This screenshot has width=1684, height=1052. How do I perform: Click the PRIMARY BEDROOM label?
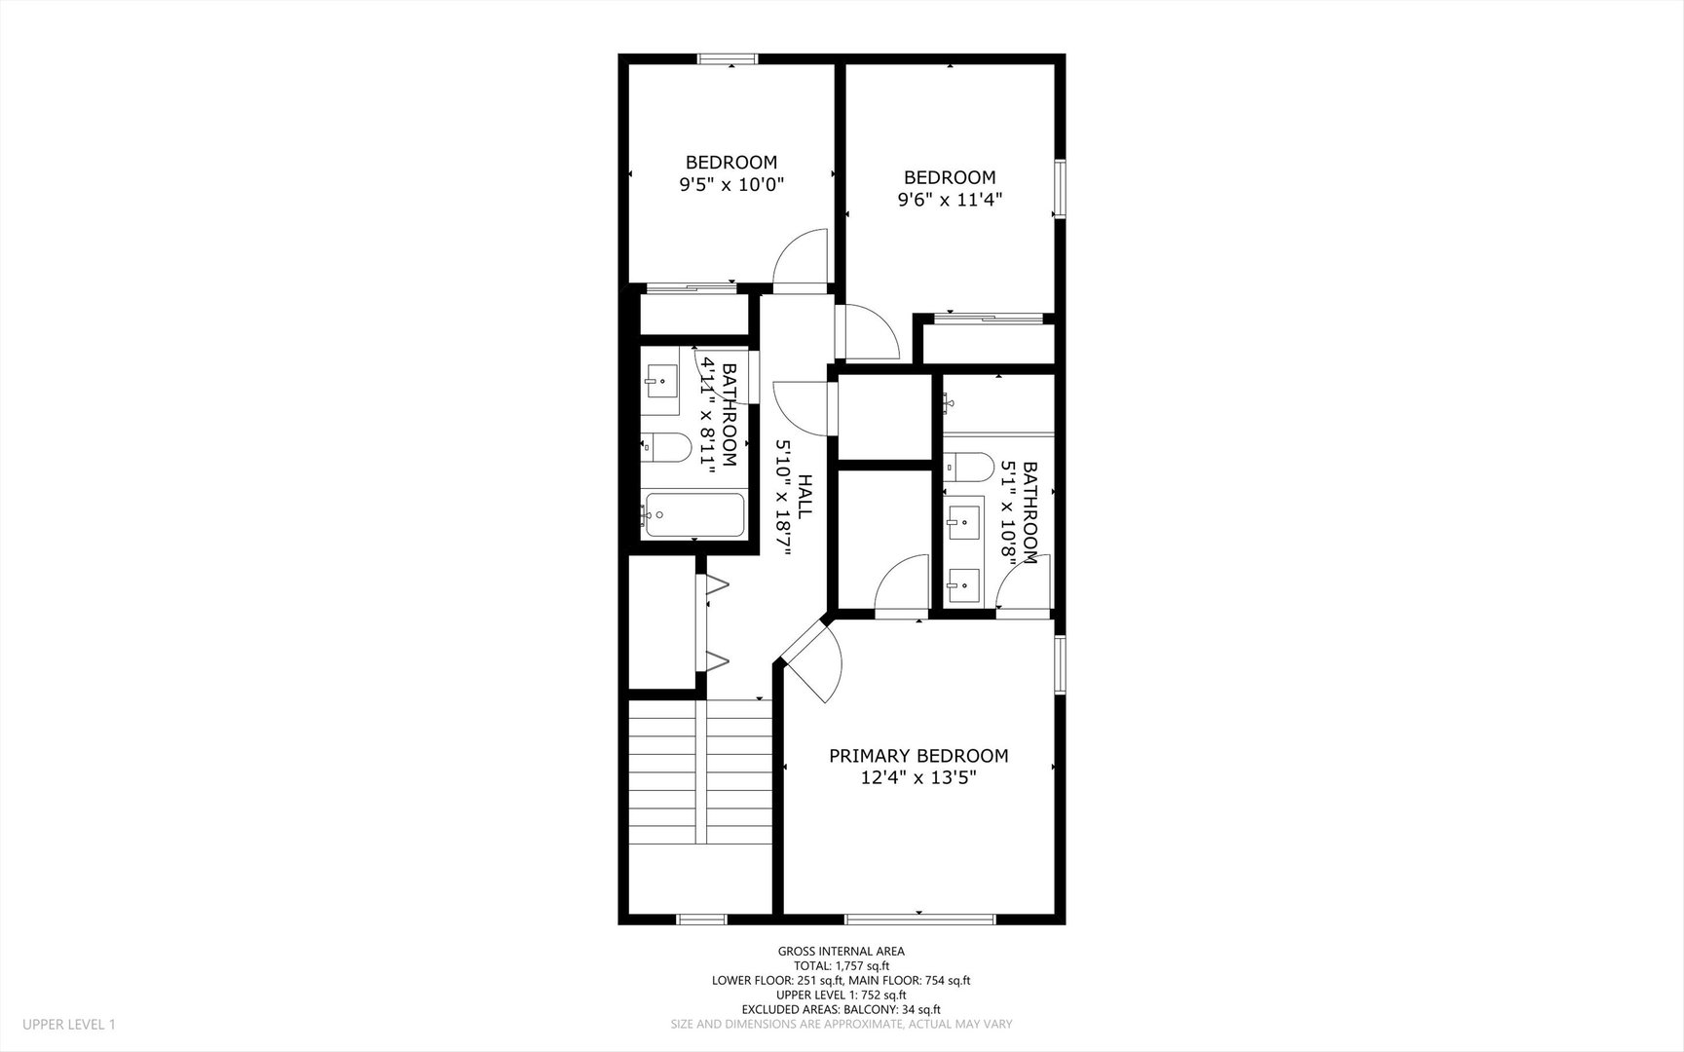pyautogui.click(x=918, y=756)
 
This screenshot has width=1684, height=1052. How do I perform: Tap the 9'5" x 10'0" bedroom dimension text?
pyautogui.click(x=731, y=184)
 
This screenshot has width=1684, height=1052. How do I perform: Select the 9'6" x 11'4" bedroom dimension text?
pyautogui.click(x=950, y=200)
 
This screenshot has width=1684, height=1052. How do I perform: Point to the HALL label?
pyautogui.click(x=805, y=496)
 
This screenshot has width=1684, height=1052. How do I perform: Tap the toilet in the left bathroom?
pyautogui.click(x=667, y=447)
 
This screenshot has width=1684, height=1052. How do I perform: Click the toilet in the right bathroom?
pyautogui.click(x=969, y=467)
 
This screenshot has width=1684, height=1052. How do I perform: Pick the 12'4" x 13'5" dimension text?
pyautogui.click(x=918, y=778)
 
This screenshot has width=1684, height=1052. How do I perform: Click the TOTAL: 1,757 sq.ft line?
pyautogui.click(x=841, y=966)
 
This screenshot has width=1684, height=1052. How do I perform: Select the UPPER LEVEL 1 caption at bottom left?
pyautogui.click(x=69, y=1025)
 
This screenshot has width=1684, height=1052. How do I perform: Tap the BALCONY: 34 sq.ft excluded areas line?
pyautogui.click(x=841, y=1010)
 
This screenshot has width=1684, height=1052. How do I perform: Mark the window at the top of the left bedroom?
pyautogui.click(x=729, y=59)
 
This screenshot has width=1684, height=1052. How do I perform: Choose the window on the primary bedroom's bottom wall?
pyautogui.click(x=919, y=918)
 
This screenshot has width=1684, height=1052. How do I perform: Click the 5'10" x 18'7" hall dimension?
pyautogui.click(x=782, y=496)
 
